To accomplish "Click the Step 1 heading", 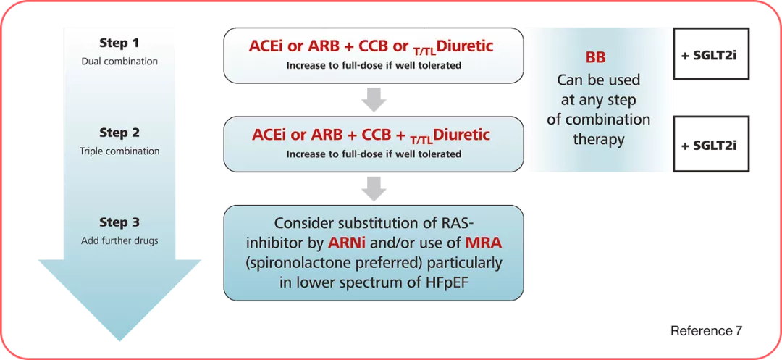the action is [x=119, y=43].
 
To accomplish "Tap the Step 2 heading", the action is [x=119, y=133].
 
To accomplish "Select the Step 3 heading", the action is [x=119, y=222].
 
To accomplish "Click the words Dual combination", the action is [x=119, y=62].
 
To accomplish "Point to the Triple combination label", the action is [x=119, y=151].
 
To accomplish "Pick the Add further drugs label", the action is [x=119, y=240].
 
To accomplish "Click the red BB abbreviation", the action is [x=595, y=58].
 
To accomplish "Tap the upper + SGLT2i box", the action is [x=711, y=54].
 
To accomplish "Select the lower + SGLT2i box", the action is [x=711, y=143].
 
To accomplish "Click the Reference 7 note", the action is [x=706, y=331].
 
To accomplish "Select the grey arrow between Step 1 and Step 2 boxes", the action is [x=374, y=100].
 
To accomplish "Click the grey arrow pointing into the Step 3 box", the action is [x=374, y=189].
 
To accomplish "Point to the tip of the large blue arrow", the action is [x=119, y=341].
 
